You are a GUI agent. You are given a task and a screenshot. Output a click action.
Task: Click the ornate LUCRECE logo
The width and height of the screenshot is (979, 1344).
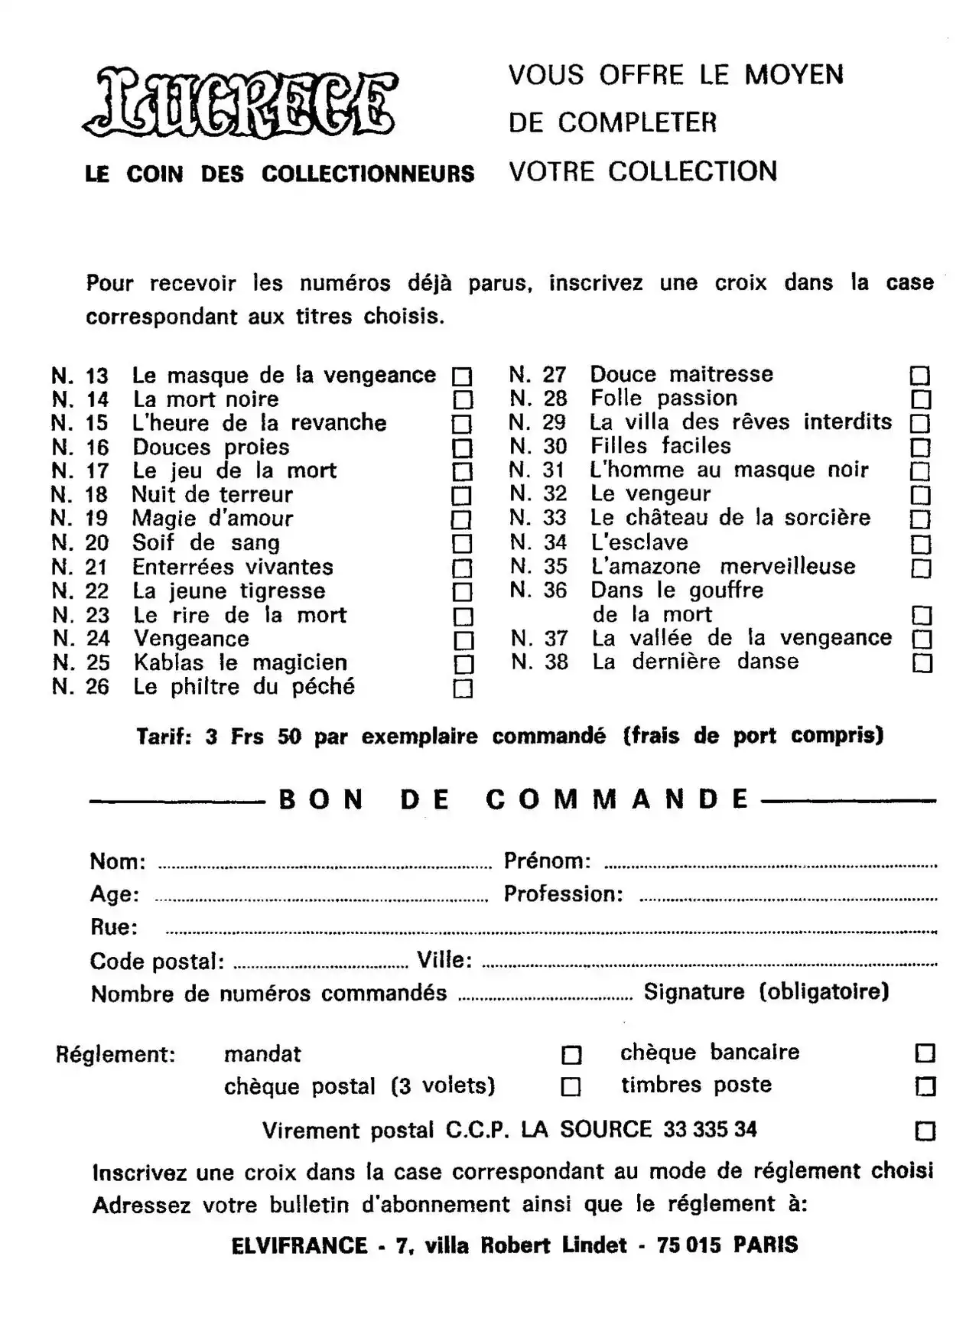240,103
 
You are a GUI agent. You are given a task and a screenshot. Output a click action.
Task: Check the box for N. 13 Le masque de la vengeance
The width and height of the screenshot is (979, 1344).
462,376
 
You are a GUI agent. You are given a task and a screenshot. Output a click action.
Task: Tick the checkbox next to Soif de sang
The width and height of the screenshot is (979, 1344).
462,544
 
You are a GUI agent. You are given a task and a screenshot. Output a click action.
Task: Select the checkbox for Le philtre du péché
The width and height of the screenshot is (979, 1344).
463,688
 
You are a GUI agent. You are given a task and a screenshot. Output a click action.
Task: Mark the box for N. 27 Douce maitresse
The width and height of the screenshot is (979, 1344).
919,376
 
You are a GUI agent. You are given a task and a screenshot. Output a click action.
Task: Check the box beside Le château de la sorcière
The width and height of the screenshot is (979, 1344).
920,519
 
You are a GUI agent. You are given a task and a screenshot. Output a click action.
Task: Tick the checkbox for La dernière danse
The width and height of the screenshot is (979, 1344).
922,662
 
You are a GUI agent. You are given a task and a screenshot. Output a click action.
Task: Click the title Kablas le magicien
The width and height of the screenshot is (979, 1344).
240,662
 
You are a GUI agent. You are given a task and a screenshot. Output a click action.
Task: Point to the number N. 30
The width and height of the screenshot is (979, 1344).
538,446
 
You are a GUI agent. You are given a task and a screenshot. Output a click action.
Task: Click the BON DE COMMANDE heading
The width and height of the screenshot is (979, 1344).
513,799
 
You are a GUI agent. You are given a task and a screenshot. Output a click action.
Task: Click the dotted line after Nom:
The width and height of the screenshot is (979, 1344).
324,867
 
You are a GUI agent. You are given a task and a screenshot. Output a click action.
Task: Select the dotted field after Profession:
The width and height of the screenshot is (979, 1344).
788,899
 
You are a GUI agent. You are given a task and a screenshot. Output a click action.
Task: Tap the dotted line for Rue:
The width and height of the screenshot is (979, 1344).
551,932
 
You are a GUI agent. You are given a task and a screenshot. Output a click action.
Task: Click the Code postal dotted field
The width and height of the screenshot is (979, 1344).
320,966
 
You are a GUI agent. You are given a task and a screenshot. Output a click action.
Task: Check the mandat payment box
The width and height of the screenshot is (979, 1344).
571,1056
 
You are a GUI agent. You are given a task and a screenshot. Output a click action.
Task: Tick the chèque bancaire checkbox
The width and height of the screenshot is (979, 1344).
925,1054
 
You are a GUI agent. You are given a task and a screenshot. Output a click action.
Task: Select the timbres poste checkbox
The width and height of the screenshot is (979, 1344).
925,1086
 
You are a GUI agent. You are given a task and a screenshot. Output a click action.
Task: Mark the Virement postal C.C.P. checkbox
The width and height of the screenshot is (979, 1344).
925,1131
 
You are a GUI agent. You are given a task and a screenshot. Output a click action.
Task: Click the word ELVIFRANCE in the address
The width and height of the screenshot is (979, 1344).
299,1245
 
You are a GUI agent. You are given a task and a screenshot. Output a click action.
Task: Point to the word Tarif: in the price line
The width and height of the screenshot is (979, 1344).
164,737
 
